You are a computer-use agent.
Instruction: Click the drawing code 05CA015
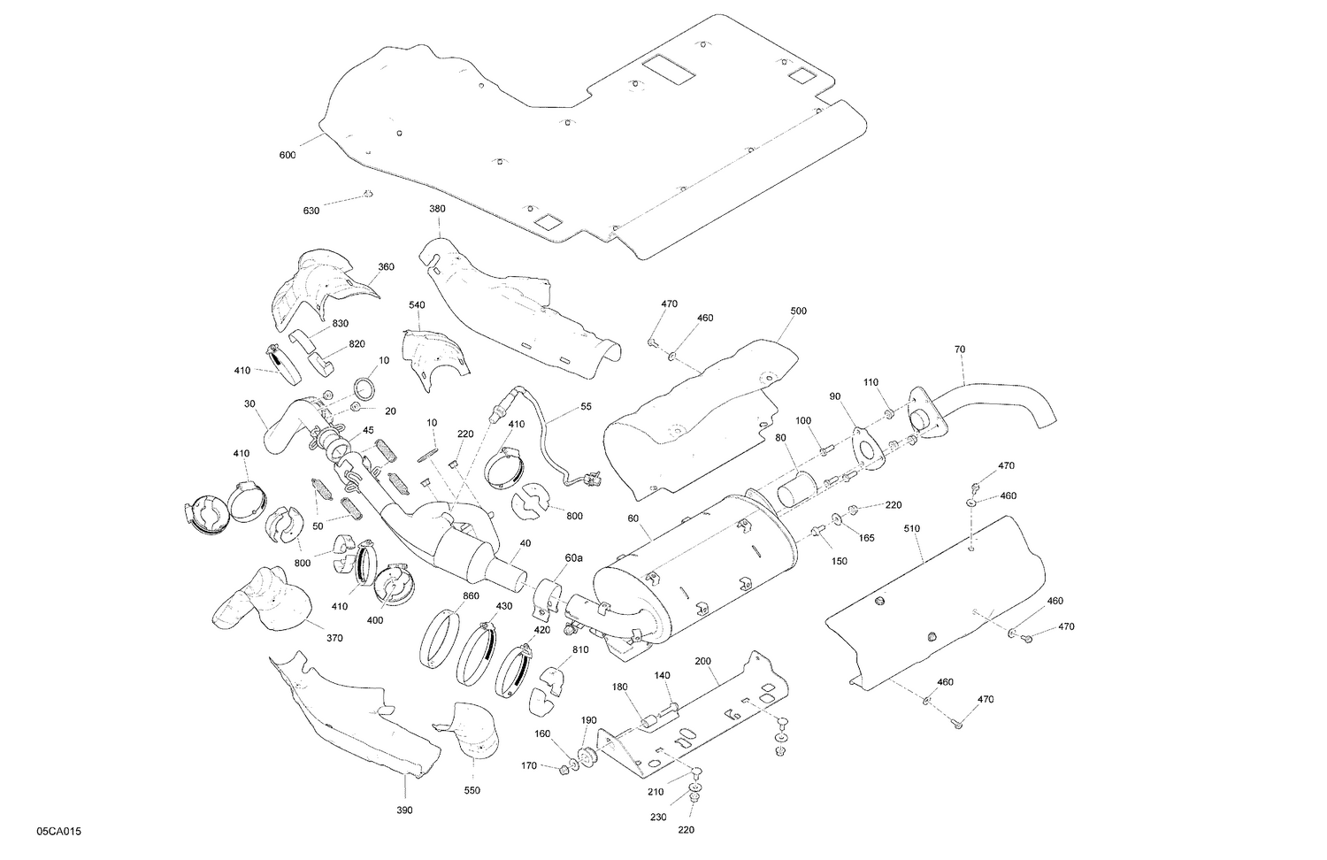point(60,833)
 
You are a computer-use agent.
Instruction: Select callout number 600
point(288,156)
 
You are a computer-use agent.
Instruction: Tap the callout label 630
point(311,211)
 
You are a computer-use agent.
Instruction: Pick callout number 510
point(912,529)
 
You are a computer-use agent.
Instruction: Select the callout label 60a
point(574,558)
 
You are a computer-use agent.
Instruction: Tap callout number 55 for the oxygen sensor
point(586,406)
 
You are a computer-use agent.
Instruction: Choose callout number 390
point(404,810)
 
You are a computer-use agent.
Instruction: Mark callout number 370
point(334,638)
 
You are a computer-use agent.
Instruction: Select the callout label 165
point(867,537)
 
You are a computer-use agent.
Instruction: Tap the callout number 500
point(798,311)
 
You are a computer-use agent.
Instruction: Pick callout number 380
point(437,210)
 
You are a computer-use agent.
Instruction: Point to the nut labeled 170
point(564,769)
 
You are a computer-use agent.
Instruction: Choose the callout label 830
point(341,324)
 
